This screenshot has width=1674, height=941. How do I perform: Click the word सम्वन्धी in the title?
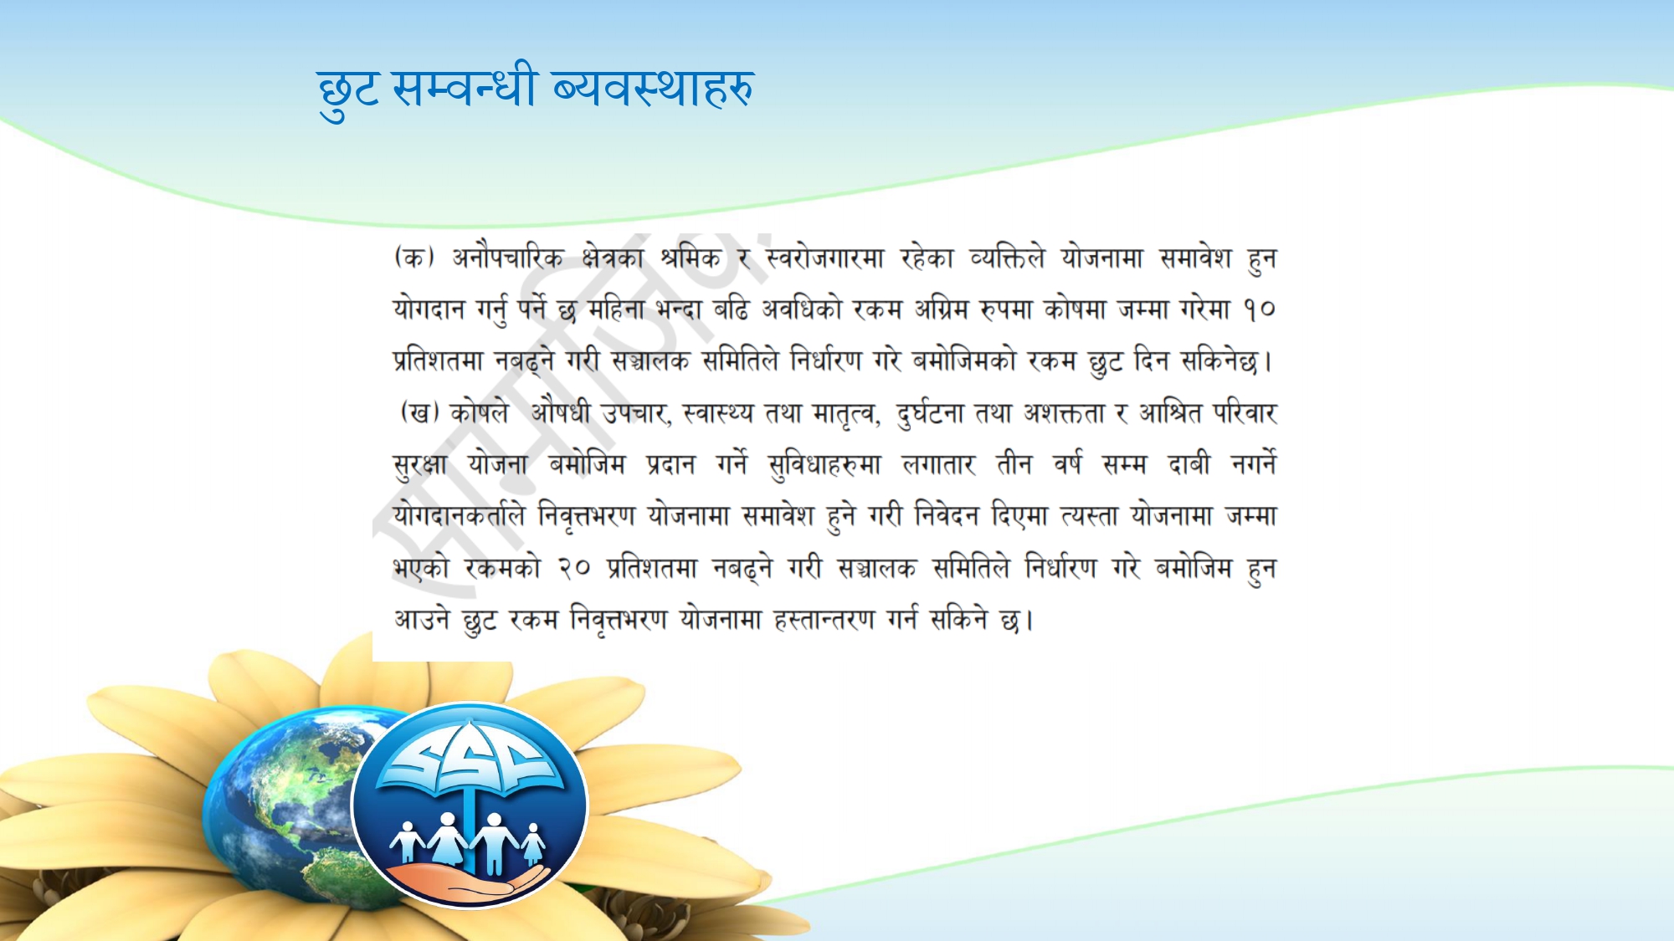pyautogui.click(x=463, y=87)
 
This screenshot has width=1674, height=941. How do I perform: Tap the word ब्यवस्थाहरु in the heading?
pyautogui.click(x=653, y=87)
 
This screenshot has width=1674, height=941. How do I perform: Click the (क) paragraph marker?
pyautogui.click(x=414, y=257)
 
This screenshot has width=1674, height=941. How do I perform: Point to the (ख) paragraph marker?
pyautogui.click(x=419, y=412)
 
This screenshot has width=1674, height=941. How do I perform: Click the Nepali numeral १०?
pyautogui.click(x=1259, y=310)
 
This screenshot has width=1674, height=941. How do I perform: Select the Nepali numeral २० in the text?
pyautogui.click(x=574, y=569)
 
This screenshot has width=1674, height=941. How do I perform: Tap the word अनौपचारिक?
pyautogui.click(x=507, y=258)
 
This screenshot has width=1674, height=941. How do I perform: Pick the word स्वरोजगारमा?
pyautogui.click(x=824, y=258)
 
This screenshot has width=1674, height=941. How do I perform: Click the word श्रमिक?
pyautogui.click(x=690, y=258)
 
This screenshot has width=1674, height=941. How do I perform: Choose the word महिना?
pyautogui.click(x=616, y=309)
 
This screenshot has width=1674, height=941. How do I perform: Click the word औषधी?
pyautogui.click(x=560, y=412)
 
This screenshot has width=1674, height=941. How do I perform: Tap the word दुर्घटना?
pyautogui.click(x=929, y=413)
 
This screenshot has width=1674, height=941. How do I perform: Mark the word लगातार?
pyautogui.click(x=938, y=464)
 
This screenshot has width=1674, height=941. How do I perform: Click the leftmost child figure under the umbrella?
pyautogui.click(x=408, y=841)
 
